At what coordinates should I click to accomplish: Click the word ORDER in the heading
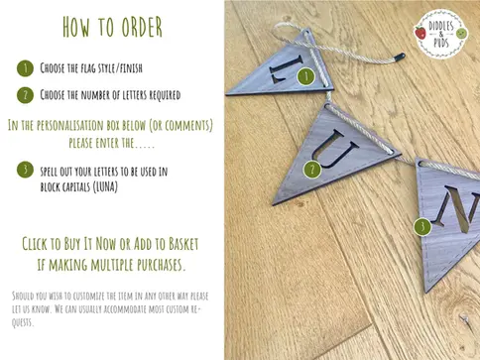tap(142, 27)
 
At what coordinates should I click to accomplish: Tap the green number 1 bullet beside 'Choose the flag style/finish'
tap(25, 68)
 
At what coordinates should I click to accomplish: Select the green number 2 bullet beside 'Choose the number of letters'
tap(25, 95)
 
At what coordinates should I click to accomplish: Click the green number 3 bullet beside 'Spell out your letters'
tap(25, 170)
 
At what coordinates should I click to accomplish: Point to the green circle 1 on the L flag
tap(305, 76)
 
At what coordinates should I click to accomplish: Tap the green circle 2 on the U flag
tap(312, 170)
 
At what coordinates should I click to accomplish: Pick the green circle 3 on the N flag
tap(422, 227)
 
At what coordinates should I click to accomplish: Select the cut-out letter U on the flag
tap(334, 149)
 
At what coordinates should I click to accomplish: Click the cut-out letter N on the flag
tap(458, 209)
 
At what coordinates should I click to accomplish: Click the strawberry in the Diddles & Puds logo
tap(420, 33)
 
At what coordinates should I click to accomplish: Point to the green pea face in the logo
tap(461, 34)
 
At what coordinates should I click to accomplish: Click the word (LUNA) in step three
tap(105, 187)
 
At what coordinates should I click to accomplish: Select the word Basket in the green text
tap(183, 244)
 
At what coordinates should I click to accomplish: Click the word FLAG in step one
tap(87, 68)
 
